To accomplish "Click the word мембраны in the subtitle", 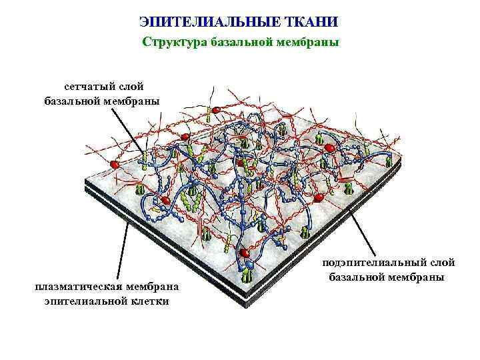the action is tap(307, 43).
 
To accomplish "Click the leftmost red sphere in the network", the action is tap(115, 163).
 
